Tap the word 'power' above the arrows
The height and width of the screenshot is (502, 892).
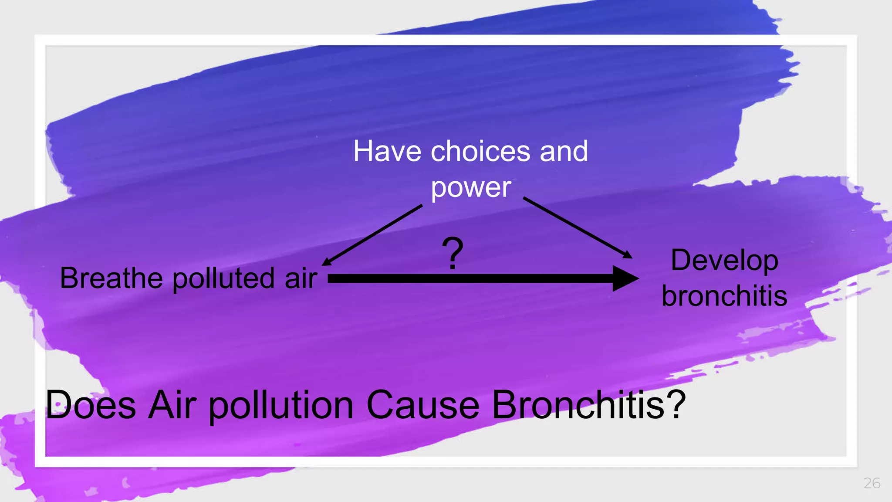click(x=471, y=188)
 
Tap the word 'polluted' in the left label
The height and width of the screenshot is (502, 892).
click(x=223, y=279)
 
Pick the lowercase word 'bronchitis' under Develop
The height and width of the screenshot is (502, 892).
click(x=724, y=296)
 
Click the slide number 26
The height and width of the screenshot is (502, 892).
click(x=872, y=483)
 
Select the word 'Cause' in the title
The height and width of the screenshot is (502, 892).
click(x=423, y=405)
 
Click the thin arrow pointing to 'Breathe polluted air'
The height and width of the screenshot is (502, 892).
click(x=372, y=235)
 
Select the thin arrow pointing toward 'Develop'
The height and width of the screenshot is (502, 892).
click(x=578, y=227)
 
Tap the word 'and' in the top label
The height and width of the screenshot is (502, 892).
click(x=564, y=152)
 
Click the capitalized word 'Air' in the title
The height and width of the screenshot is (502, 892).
click(x=172, y=405)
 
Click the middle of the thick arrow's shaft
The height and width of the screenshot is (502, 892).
click(x=470, y=278)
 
